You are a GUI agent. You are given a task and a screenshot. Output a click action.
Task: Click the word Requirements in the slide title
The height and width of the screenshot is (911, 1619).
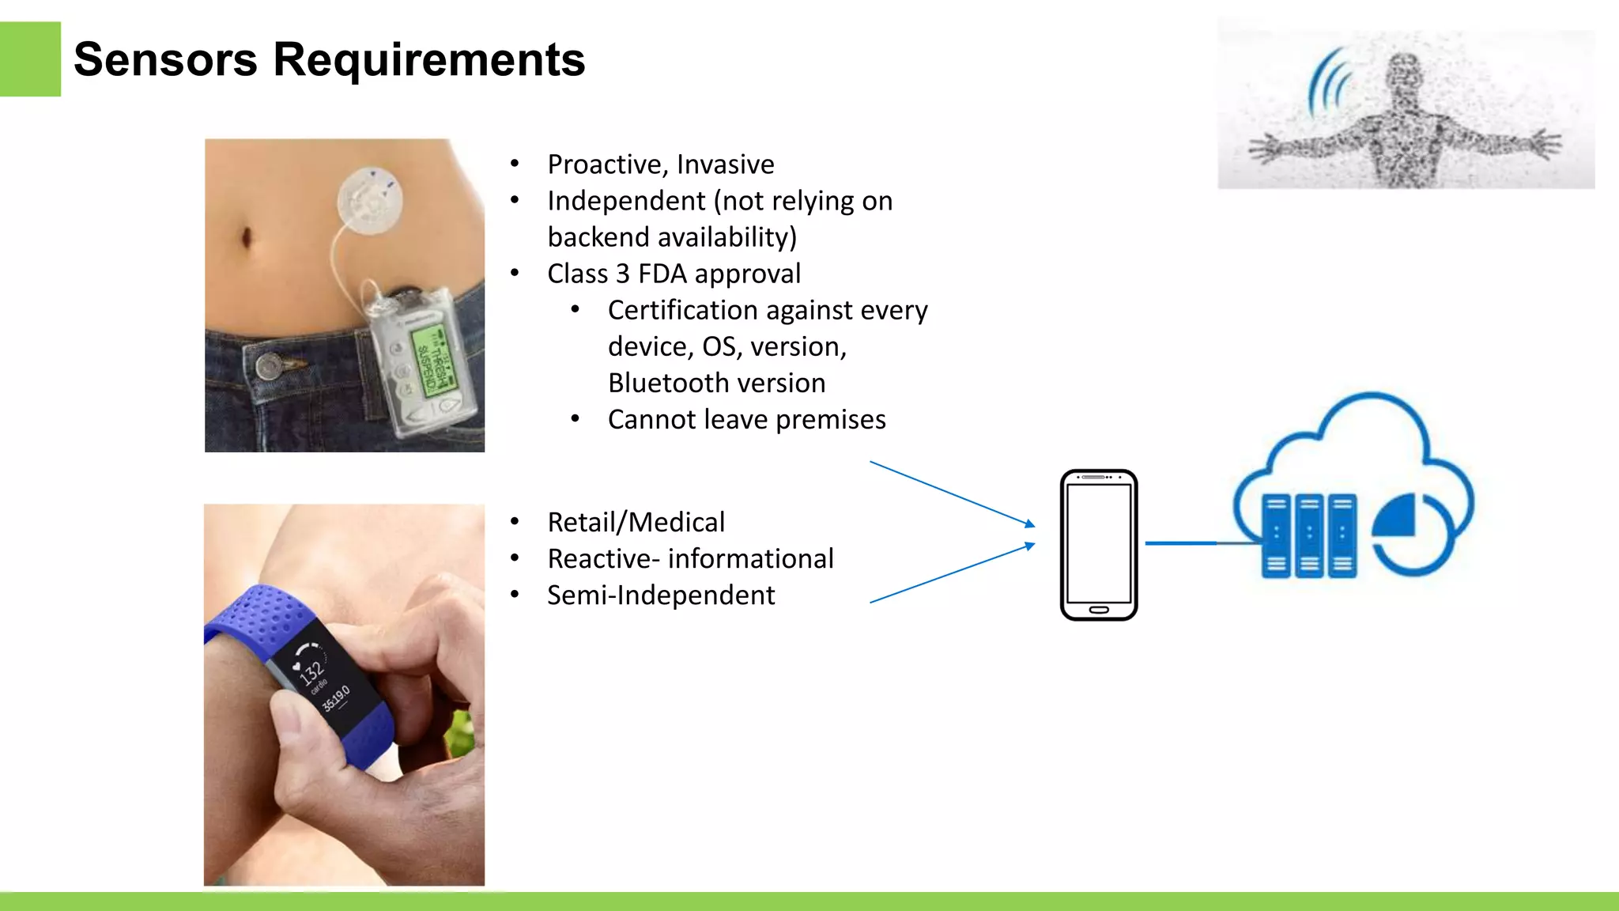[x=428, y=60]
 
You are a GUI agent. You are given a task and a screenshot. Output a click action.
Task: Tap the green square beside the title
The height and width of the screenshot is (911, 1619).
[x=30, y=59]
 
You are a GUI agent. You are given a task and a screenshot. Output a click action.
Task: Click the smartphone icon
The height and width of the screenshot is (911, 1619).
[x=1098, y=545]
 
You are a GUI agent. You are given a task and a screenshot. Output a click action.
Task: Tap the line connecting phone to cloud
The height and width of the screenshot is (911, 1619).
[x=1183, y=543]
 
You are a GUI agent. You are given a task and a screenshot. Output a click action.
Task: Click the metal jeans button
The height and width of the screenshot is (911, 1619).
[x=270, y=366]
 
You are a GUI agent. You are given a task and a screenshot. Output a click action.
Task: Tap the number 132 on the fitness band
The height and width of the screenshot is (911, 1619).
[x=312, y=672]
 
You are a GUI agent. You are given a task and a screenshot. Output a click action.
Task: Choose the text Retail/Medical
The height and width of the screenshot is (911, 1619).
[x=636, y=522]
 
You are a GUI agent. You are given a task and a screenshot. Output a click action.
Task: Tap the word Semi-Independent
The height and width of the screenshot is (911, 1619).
[x=661, y=595]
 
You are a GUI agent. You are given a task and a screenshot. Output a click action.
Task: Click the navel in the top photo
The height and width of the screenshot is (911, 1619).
[x=246, y=236]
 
